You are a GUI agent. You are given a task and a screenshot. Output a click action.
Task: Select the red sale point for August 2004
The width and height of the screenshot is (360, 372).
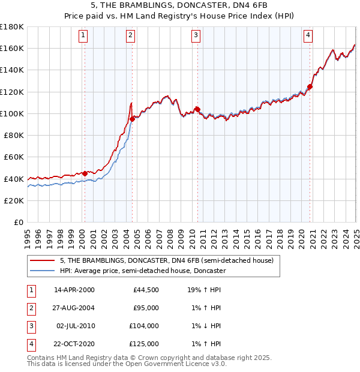pos(132,119)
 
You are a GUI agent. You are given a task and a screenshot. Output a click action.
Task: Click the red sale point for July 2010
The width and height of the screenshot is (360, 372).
pos(196,109)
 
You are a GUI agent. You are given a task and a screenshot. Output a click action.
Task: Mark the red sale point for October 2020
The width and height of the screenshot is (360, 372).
pos(310,86)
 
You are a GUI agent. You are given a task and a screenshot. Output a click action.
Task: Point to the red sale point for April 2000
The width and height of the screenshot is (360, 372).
pos(85,173)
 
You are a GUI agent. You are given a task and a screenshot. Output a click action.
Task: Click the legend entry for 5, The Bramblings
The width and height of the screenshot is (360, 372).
pos(167,260)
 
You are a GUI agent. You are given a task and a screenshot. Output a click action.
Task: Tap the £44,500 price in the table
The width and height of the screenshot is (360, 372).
pos(146,290)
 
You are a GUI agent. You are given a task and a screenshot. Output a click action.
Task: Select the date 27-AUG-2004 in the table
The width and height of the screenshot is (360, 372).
pos(74,308)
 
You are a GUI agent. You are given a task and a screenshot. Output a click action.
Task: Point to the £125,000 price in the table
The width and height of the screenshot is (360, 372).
pos(145,344)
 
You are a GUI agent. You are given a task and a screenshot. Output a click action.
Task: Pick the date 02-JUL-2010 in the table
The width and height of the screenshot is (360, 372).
pos(74,326)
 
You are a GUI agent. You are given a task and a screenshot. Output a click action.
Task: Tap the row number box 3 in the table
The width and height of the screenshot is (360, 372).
pos(30,326)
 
